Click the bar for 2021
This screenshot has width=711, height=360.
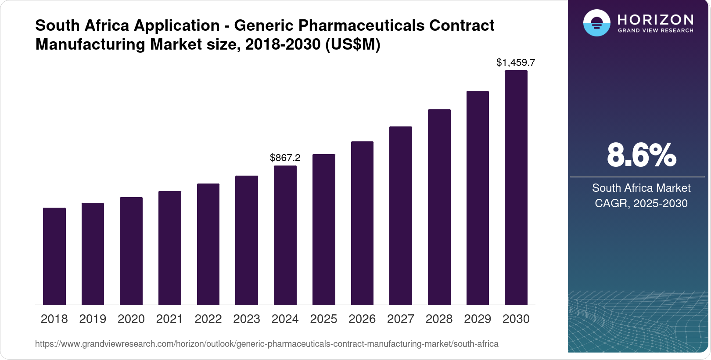click(x=169, y=248)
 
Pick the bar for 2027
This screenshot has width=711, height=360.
click(x=400, y=216)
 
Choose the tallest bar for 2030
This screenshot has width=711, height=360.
click(x=516, y=187)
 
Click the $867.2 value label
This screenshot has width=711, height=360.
click(x=285, y=158)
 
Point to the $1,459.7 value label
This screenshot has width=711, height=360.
click(x=516, y=62)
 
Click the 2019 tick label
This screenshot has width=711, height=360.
click(x=93, y=319)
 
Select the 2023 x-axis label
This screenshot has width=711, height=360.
click(x=246, y=319)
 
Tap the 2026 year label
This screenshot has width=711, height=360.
click(x=362, y=319)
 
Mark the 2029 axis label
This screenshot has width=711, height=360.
click(x=477, y=319)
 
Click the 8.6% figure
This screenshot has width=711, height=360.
click(x=641, y=155)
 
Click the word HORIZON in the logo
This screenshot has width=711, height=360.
click(x=655, y=20)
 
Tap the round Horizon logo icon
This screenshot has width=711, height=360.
click(x=596, y=23)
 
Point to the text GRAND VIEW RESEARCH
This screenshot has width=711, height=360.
click(x=655, y=31)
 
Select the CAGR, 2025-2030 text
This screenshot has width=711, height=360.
click(x=641, y=203)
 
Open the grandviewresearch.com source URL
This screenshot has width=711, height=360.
click(x=266, y=344)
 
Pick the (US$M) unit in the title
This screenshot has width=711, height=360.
click(x=352, y=44)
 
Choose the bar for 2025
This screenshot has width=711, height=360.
click(x=323, y=229)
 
